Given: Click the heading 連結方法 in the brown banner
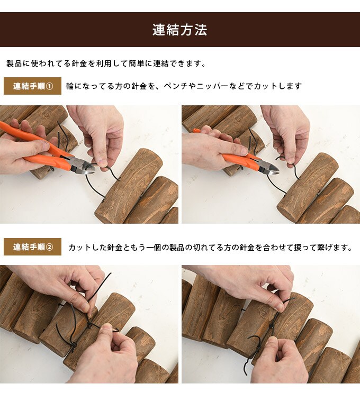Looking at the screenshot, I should click(179, 30).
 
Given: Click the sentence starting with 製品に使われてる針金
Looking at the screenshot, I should click(106, 63).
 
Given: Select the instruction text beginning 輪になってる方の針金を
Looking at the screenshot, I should click(184, 86).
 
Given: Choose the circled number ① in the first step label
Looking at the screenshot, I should click(50, 86).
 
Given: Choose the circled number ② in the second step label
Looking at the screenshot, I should click(50, 246).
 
